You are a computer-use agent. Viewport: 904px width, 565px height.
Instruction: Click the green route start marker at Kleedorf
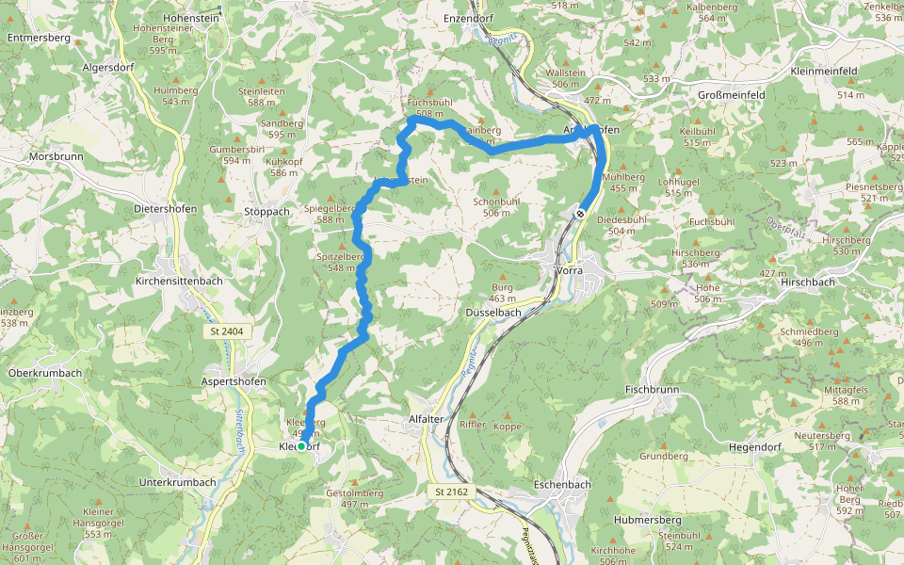(302, 447)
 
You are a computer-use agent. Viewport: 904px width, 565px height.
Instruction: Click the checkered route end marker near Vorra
(581, 214)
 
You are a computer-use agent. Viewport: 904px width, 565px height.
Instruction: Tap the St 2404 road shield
(226, 331)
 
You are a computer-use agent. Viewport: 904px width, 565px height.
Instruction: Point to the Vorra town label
(569, 270)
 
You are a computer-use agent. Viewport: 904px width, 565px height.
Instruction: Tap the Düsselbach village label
(493, 312)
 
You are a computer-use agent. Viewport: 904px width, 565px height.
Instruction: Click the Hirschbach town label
(807, 282)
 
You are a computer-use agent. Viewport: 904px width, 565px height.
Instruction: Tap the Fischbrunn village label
(651, 388)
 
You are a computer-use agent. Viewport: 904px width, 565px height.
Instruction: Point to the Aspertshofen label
(234, 381)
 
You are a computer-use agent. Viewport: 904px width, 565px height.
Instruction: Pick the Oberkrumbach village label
(44, 373)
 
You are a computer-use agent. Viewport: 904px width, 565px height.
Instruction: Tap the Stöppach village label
(266, 212)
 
